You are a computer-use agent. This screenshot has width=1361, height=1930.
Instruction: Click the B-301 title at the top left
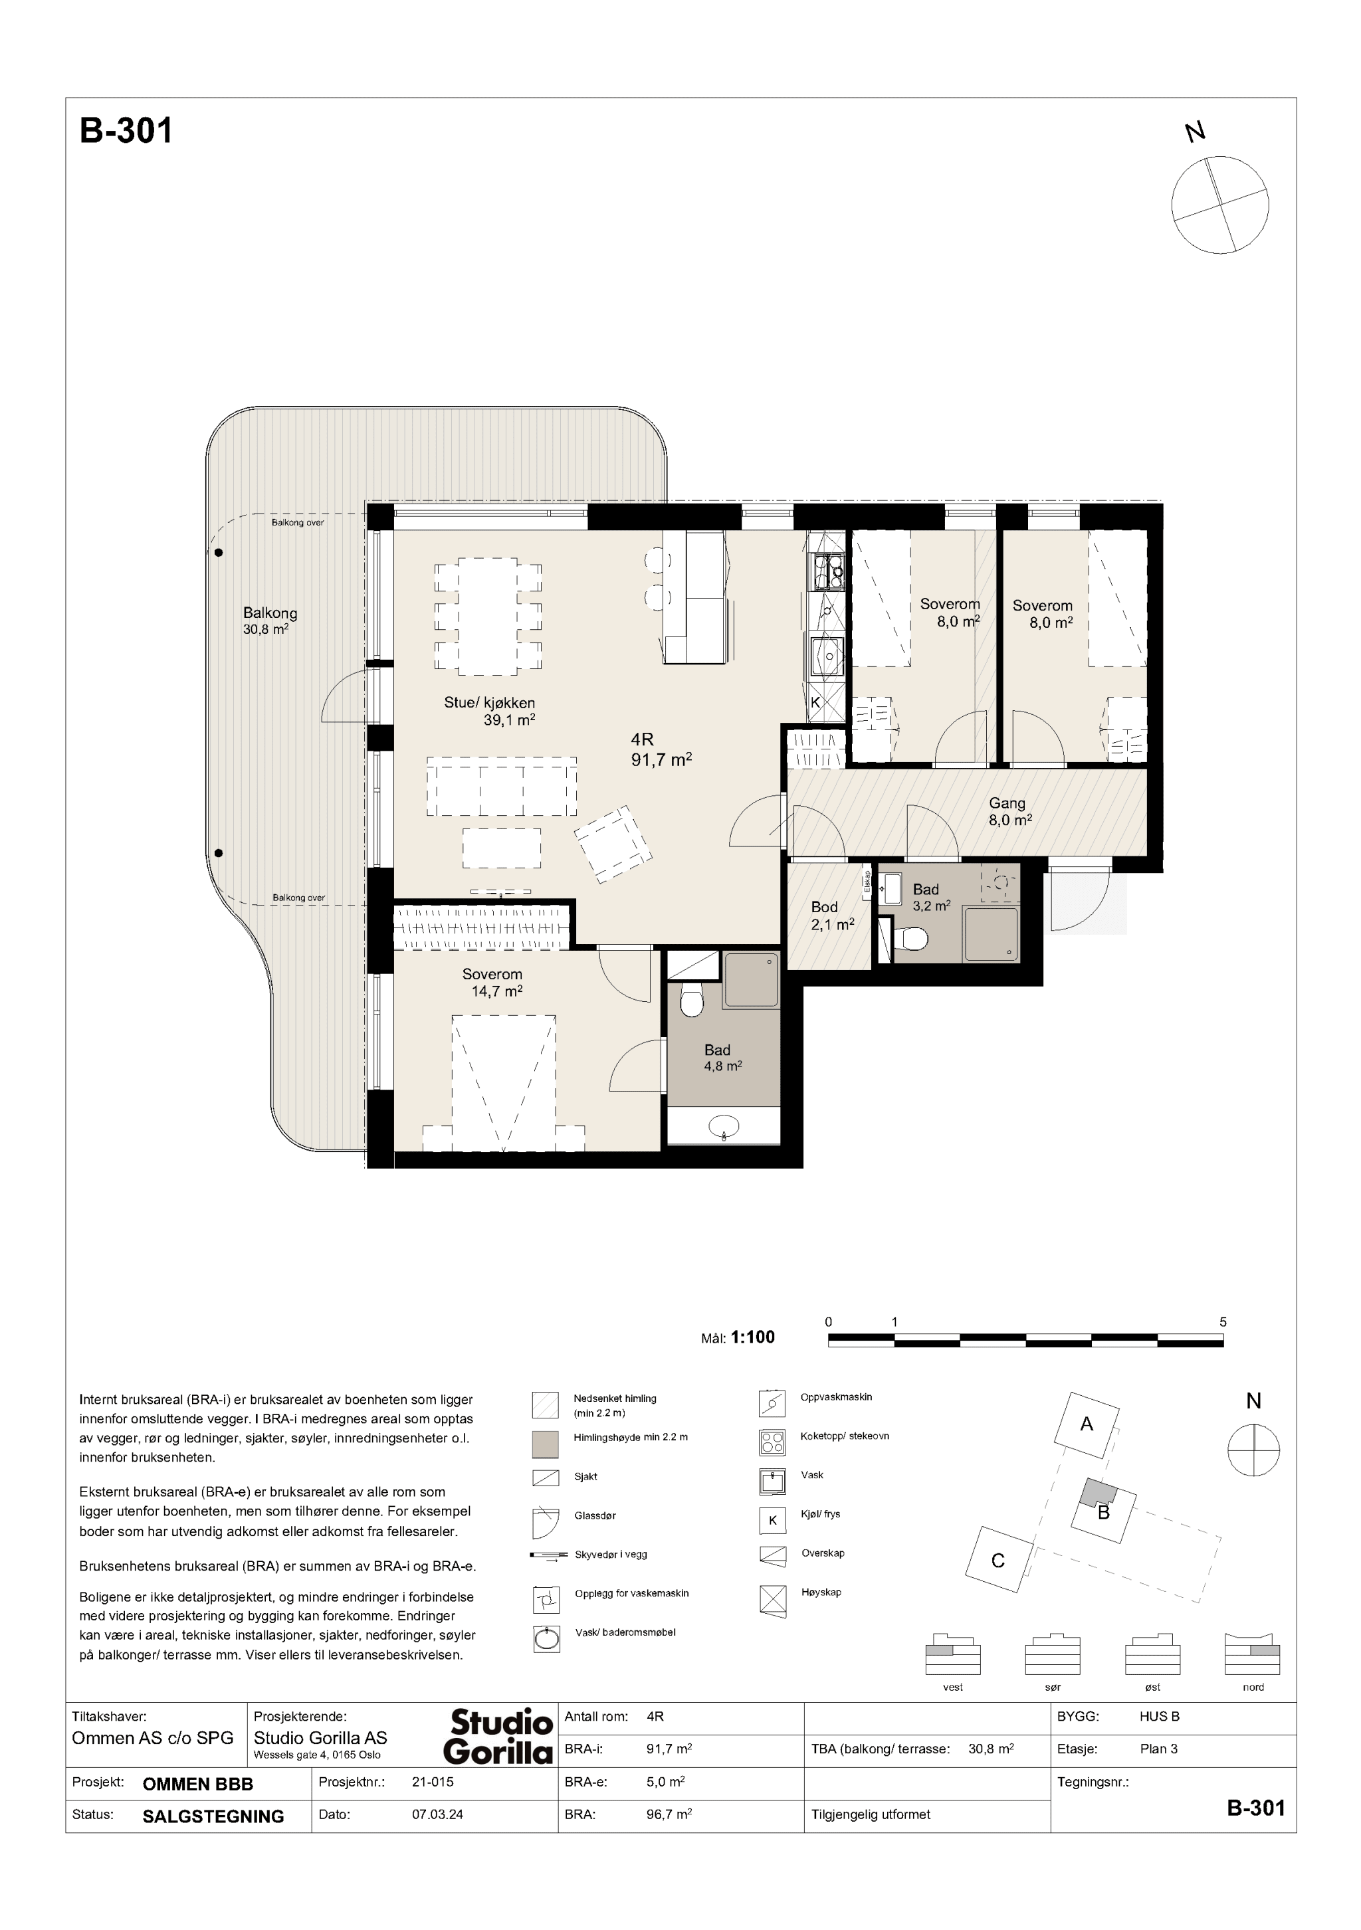[x=126, y=131]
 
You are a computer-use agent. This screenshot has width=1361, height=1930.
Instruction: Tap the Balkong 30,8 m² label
[x=270, y=621]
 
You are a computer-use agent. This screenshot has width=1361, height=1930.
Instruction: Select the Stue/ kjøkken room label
[x=490, y=711]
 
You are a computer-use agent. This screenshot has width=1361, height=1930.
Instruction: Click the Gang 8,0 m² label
[x=1009, y=812]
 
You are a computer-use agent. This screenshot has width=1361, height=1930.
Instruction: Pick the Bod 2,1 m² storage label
[x=832, y=916]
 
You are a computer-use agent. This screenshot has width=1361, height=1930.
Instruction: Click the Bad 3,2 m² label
[x=930, y=898]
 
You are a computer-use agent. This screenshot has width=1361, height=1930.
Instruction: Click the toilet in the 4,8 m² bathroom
[x=692, y=1001]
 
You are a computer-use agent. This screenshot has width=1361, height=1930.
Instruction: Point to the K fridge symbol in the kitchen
[x=816, y=702]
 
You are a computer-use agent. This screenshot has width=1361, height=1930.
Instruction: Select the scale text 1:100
[x=753, y=1337]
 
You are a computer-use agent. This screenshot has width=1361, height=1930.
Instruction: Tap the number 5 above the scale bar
[x=1223, y=1322]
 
